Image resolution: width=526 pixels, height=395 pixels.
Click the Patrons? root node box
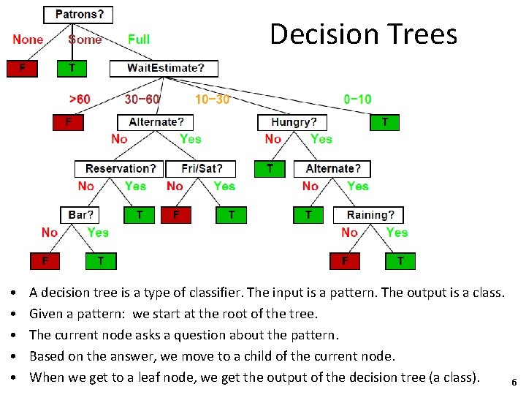[x=79, y=14]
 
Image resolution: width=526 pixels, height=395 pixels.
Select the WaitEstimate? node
[x=164, y=68]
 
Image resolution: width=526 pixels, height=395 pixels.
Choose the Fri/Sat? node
[x=200, y=169]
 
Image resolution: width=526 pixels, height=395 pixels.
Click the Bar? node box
[x=80, y=215]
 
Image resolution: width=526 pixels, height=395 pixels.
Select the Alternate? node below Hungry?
[x=332, y=169]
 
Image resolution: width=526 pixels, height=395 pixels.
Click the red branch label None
[x=28, y=39]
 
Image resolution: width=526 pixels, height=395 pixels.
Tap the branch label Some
[x=85, y=39]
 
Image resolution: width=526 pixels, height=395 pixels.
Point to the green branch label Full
[x=139, y=39]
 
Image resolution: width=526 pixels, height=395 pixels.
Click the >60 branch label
[x=80, y=99]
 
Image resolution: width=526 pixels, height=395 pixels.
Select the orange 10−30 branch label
[x=212, y=99]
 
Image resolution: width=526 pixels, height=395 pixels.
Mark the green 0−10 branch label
[x=357, y=99]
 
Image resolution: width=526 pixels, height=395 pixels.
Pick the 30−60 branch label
[x=142, y=99]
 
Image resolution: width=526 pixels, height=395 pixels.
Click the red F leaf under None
[x=22, y=68]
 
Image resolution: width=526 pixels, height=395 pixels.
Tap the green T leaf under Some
[x=72, y=68]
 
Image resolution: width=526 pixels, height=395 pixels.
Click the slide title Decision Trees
[x=363, y=34]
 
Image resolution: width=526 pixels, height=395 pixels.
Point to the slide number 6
[x=514, y=383]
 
